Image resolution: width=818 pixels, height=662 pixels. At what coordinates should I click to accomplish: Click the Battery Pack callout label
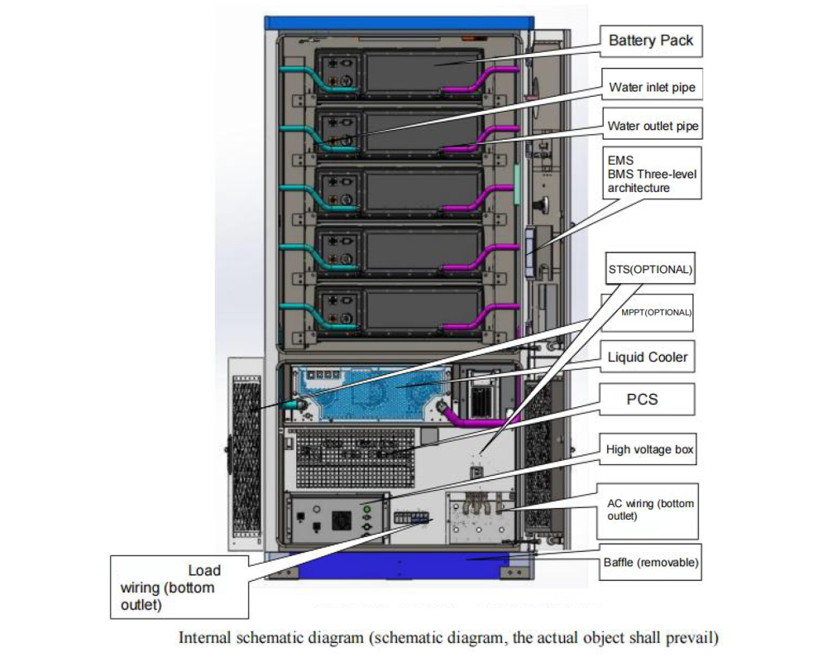(651, 40)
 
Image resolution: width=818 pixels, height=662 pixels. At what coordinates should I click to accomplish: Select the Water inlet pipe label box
(652, 86)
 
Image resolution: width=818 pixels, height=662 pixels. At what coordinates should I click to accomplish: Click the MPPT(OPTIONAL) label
(656, 313)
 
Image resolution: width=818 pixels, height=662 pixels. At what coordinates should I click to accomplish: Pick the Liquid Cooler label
(648, 357)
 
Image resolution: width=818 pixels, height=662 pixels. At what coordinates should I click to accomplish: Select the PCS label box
(642, 399)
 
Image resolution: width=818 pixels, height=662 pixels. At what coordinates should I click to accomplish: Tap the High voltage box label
(650, 449)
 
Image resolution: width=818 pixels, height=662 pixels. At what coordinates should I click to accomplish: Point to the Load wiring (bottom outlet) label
(179, 588)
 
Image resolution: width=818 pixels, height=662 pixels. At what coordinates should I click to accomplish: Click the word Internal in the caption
(201, 639)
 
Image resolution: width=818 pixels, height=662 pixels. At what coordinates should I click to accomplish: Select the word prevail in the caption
(693, 639)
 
